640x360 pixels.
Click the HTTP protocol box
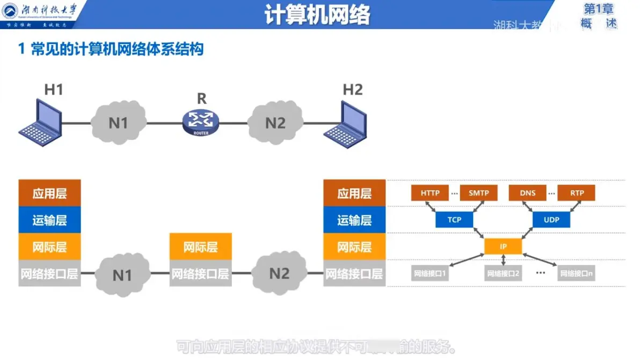click(x=430, y=193)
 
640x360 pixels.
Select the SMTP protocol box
click(x=478, y=193)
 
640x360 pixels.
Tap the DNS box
click(x=528, y=193)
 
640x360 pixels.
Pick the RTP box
click(x=577, y=193)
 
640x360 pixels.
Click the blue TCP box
click(x=454, y=219)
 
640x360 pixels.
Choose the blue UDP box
click(x=551, y=219)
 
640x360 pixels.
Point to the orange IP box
click(x=503, y=246)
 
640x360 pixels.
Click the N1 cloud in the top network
click(x=119, y=122)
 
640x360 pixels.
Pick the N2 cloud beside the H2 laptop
click(x=275, y=122)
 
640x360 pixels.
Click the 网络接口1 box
click(x=430, y=273)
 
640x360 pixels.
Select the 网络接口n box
click(x=577, y=273)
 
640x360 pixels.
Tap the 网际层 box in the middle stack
click(x=201, y=247)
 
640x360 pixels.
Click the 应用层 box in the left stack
click(x=49, y=193)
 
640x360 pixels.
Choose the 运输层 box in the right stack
click(x=354, y=220)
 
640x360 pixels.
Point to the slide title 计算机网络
click(x=318, y=16)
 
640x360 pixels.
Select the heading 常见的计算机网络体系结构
click(x=117, y=49)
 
